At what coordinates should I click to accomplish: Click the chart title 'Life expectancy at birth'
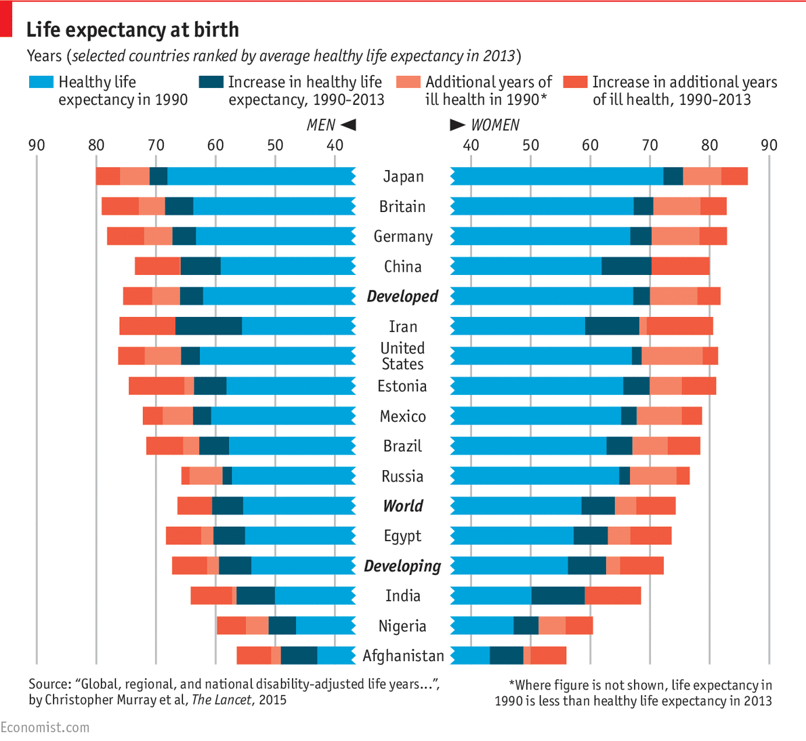132,30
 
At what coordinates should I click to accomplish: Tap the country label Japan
403,177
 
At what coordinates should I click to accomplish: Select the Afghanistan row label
403,656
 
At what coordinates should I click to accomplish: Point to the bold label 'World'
402,506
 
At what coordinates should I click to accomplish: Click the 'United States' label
402,356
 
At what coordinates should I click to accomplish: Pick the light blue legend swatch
41,83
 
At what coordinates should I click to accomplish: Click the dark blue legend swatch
211,83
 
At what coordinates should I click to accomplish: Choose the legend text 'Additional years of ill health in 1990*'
488,91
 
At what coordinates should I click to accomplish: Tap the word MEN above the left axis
320,125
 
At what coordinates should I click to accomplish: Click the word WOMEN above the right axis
495,125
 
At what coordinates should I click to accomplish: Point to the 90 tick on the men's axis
37,145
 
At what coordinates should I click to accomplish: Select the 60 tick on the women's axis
590,145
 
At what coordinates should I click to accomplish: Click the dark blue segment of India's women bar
557,596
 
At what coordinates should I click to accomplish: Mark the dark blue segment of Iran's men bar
209,326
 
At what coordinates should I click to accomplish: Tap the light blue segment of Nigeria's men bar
325,626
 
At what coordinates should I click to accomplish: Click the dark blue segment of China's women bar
627,266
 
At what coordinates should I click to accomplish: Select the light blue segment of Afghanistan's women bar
470,656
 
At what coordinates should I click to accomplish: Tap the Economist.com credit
45,727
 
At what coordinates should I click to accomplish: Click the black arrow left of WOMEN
458,125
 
